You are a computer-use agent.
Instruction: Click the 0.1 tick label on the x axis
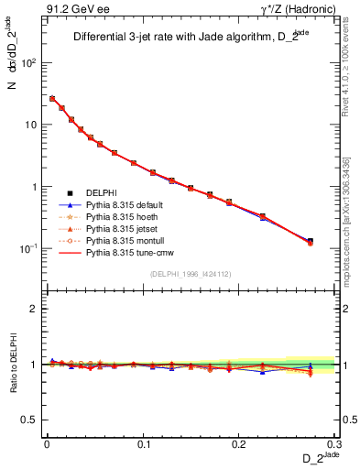click(x=143, y=444)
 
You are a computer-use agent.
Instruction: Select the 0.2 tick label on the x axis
click(x=239, y=444)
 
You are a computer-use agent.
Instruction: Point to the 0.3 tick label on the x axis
click(x=334, y=444)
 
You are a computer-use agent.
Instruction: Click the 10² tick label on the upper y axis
click(x=27, y=63)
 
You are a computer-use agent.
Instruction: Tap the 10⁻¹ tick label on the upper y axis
click(x=27, y=248)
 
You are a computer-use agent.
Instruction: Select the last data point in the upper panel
click(x=311, y=242)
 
